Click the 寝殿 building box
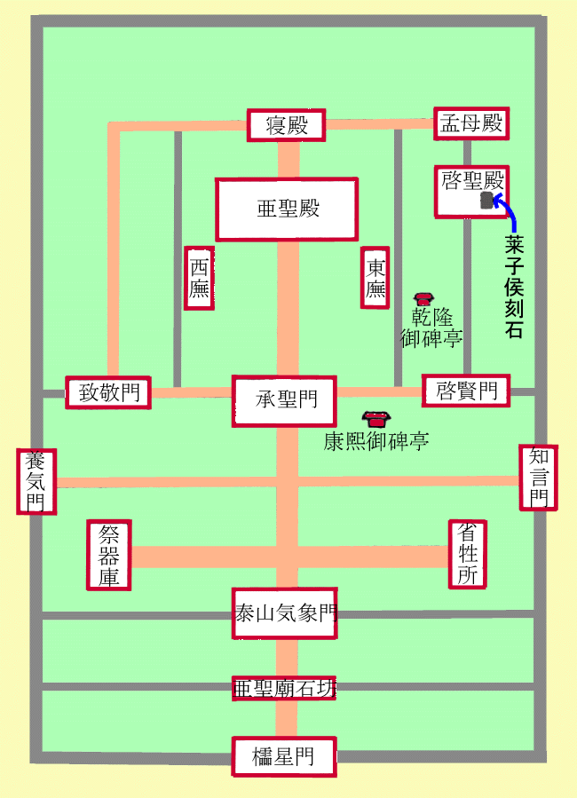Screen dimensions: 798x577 (x=286, y=125)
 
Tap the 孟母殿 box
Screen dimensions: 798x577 (x=470, y=123)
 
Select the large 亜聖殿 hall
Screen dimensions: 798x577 (x=287, y=209)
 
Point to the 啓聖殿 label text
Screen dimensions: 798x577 (x=472, y=181)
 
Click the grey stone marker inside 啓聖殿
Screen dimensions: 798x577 (x=486, y=201)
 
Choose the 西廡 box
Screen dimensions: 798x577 (x=199, y=278)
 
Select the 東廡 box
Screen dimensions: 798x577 (x=375, y=277)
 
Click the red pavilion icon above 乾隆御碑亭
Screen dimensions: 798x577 (x=423, y=300)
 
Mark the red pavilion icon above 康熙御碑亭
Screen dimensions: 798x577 (x=376, y=418)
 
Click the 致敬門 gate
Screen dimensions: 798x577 (x=108, y=392)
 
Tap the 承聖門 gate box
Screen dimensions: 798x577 (x=285, y=400)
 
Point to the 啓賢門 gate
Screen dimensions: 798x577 (x=466, y=390)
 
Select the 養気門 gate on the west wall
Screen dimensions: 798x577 (x=36, y=481)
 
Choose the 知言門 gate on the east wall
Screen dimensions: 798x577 (x=538, y=477)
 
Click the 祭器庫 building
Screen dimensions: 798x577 (x=110, y=554)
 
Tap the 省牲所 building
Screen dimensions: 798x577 (x=467, y=554)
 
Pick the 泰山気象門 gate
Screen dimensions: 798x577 (x=284, y=612)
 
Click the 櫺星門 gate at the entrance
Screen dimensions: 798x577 (x=283, y=757)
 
